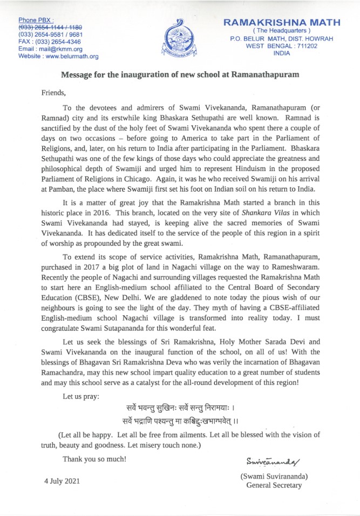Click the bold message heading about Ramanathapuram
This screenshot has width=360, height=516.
click(x=180, y=74)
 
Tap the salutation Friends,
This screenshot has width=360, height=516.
click(x=53, y=92)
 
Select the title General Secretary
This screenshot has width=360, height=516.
click(x=275, y=485)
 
